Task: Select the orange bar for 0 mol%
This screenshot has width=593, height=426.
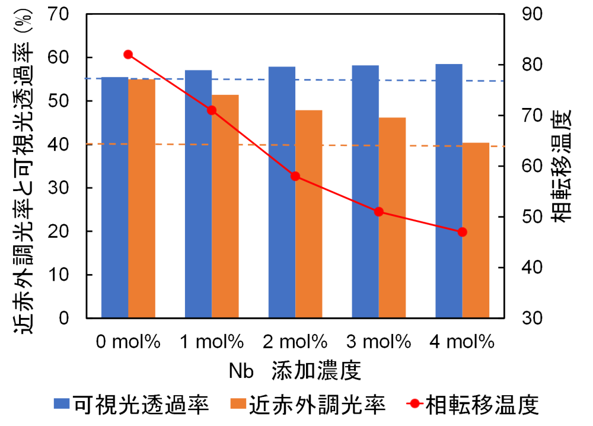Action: point(142,198)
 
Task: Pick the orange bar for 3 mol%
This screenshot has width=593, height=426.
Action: point(393,217)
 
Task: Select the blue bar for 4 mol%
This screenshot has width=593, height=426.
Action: point(449,190)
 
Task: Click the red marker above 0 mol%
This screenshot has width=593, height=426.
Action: point(128,55)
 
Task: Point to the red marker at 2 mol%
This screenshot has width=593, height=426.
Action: point(295,176)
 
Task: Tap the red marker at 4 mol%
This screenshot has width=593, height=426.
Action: point(463,232)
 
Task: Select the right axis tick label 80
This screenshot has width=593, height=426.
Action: point(532,64)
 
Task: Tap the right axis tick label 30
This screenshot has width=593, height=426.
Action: point(532,318)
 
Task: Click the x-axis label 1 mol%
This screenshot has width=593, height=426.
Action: point(212,341)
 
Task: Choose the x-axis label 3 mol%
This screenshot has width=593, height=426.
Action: point(379,341)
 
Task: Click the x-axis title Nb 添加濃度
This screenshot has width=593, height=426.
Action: point(295,372)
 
